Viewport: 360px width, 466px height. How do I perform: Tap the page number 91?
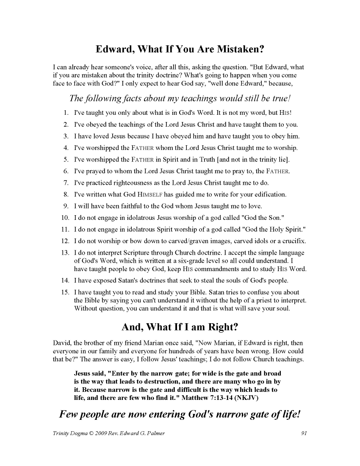pyautogui.click(x=304, y=433)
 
